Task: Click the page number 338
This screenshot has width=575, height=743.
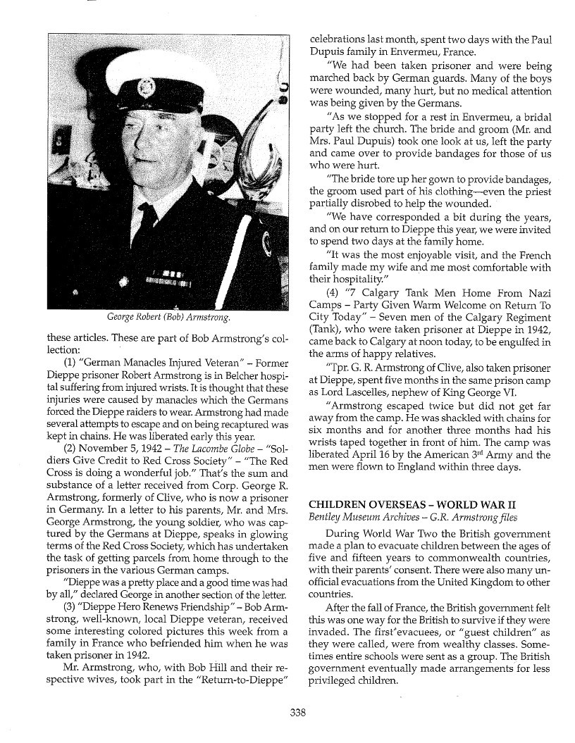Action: click(297, 712)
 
